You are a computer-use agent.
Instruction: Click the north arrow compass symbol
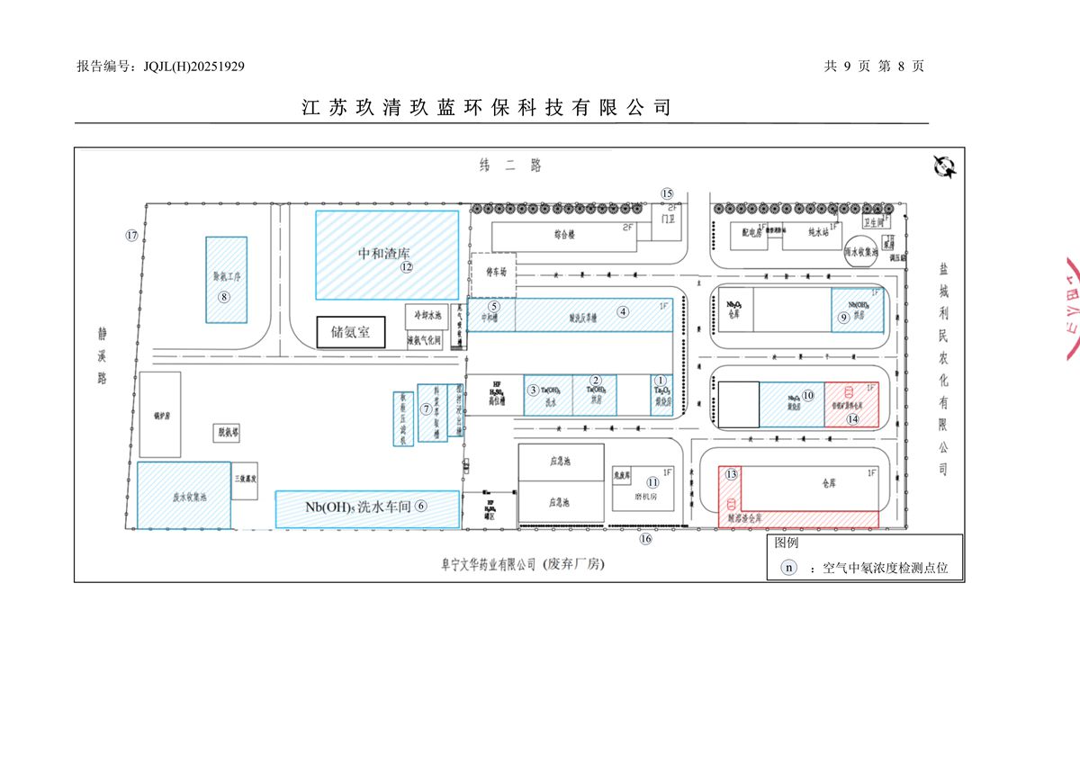tap(944, 166)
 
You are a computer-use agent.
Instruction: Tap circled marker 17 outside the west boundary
tap(132, 236)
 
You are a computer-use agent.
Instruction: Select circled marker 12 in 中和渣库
tap(407, 266)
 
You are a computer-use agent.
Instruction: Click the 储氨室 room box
tap(350, 332)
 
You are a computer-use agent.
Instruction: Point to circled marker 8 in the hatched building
tap(225, 296)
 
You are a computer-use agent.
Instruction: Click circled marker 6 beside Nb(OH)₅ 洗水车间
tap(420, 506)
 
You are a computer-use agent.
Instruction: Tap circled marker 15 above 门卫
tap(667, 193)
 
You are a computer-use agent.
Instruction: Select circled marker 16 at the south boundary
tap(645, 539)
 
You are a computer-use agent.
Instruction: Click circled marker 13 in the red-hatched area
tap(732, 474)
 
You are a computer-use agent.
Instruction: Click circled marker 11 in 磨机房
tap(652, 482)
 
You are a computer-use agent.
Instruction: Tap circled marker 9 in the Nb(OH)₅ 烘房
tap(843, 317)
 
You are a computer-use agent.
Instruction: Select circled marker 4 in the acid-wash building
tap(623, 311)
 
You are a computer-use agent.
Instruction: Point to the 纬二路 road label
tap(511, 165)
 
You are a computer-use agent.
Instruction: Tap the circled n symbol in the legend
tap(788, 568)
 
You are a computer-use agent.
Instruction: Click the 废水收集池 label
tap(190, 496)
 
